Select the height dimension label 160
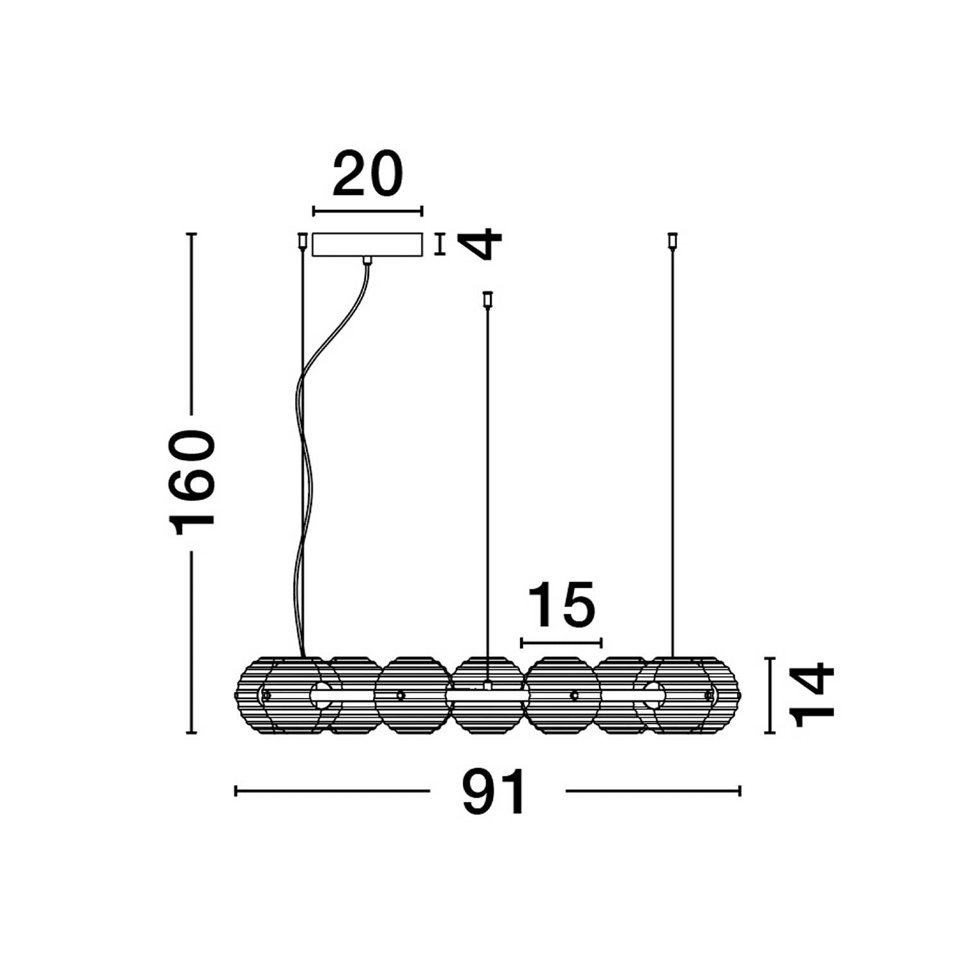[191, 483]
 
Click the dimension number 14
[812, 696]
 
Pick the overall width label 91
[494, 792]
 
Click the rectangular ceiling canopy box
[367, 245]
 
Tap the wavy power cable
[321, 449]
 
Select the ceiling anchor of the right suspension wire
[672, 240]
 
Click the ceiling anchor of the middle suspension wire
[487, 299]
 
